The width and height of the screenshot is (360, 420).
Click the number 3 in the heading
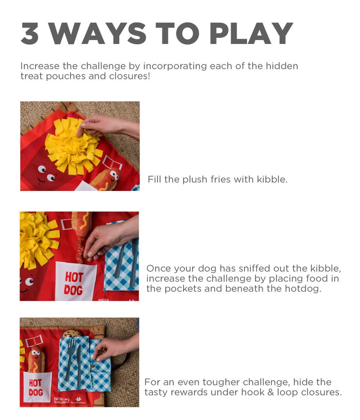pos(30,33)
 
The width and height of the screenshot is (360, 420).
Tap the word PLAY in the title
pos(251,33)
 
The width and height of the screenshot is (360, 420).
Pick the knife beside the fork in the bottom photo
pos(79,364)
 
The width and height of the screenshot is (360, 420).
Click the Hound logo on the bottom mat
pos(61,400)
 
